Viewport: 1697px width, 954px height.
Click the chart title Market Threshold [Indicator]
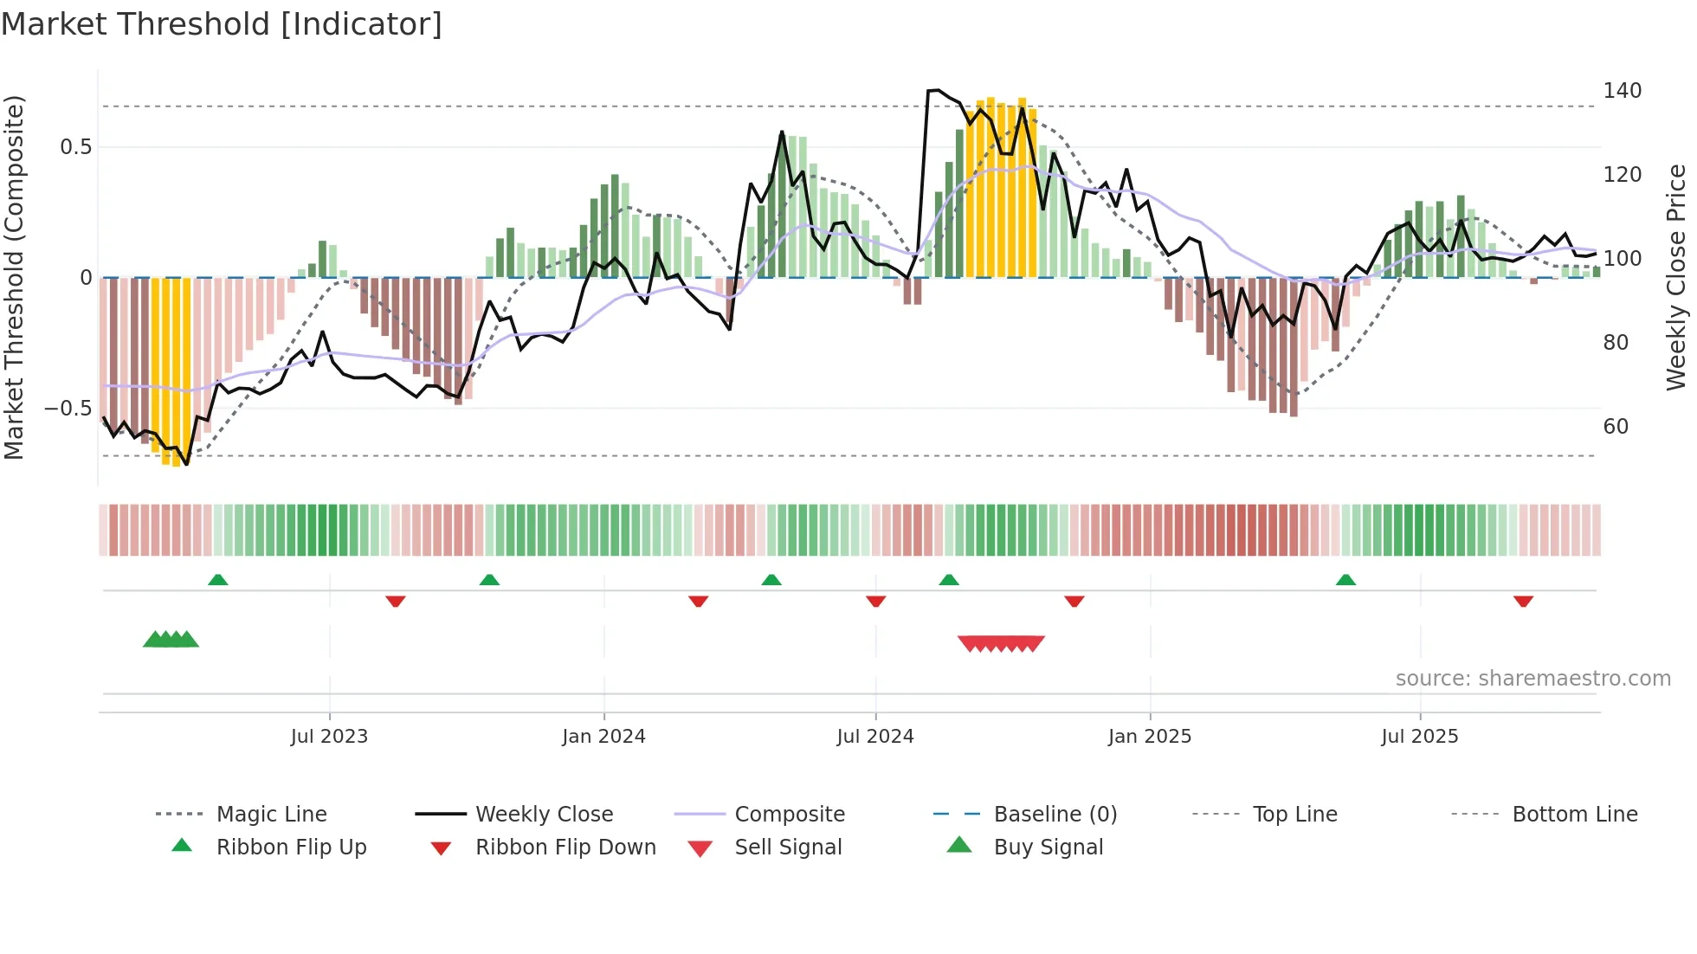tap(222, 24)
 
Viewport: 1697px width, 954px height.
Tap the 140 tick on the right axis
tap(1622, 91)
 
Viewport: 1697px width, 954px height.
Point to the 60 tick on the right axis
tap(1616, 426)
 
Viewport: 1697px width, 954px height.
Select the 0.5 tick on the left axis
tap(76, 147)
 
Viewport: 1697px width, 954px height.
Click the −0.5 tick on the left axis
tap(68, 408)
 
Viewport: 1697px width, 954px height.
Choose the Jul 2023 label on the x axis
tap(329, 737)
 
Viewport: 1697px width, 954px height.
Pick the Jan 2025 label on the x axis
tap(1149, 737)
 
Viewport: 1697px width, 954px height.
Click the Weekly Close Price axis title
tap(1676, 277)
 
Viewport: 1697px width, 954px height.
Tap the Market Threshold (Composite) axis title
tap(14, 277)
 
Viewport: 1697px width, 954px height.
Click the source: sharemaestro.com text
tap(1532, 679)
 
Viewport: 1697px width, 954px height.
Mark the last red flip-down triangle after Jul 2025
tap(1523, 601)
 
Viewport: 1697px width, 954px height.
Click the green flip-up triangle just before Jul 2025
tap(1345, 580)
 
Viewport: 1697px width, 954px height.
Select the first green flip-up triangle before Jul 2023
tap(218, 580)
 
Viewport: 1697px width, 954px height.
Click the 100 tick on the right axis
tap(1622, 259)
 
